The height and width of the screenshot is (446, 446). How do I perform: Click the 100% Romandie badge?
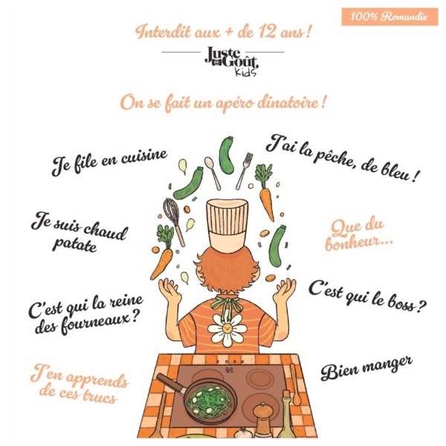390,17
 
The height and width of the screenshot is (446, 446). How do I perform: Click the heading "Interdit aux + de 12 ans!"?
223,33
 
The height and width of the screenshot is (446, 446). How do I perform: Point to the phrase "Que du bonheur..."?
358,235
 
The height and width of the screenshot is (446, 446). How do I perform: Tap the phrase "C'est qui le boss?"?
367,297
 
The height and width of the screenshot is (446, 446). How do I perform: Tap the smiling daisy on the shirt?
227,330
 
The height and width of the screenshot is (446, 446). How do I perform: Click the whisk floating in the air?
174,221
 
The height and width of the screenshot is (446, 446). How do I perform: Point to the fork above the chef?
244,171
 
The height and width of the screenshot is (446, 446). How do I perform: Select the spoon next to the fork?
213,173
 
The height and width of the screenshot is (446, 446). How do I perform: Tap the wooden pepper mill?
264,421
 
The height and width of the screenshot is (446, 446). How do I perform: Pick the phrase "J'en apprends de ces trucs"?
80,384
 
